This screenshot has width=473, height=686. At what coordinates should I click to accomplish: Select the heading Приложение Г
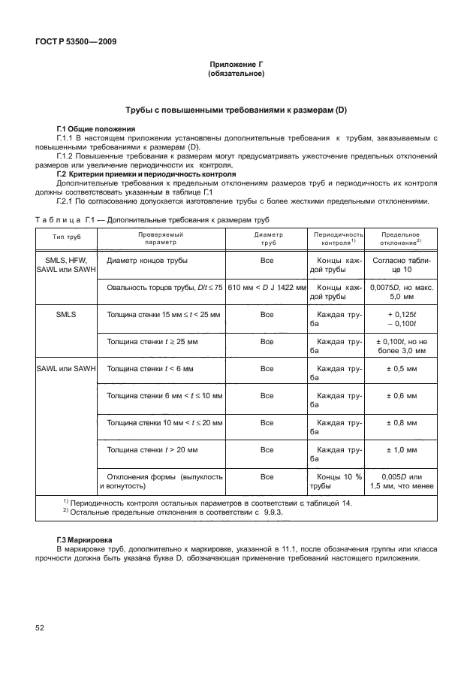pyautogui.click(x=236, y=66)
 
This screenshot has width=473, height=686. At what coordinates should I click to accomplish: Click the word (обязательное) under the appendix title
pyautogui.click(x=236, y=75)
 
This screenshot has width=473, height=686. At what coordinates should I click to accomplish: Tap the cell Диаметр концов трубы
pyautogui.click(x=148, y=260)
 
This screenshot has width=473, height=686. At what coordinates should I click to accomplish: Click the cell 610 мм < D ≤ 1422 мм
pyautogui.click(x=267, y=288)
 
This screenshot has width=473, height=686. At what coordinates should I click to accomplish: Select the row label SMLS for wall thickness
pyautogui.click(x=66, y=313)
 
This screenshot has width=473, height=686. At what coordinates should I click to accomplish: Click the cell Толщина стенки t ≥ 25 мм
pyautogui.click(x=152, y=341)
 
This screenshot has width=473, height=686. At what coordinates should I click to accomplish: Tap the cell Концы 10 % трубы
pyautogui.click(x=338, y=481)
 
